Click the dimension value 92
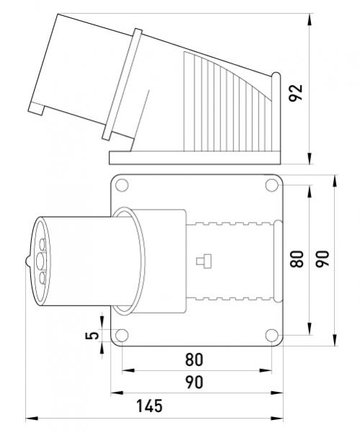296,93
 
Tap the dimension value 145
149,406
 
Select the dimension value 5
92,336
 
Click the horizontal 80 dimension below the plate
194,360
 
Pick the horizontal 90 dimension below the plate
194,382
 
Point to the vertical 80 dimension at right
297,259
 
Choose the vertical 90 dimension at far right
323,259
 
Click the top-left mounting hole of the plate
122,185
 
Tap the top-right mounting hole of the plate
272,185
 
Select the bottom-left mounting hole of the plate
122,335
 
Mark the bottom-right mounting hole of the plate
272,335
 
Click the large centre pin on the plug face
40,261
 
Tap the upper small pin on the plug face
42,244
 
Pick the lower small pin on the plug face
42,278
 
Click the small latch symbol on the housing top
204,261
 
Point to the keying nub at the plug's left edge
27,261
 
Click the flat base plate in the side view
195,158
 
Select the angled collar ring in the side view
122,84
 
